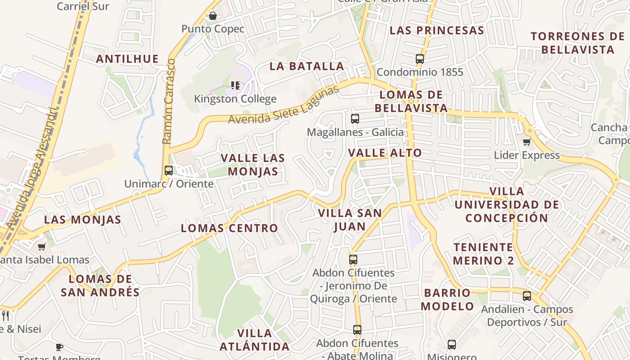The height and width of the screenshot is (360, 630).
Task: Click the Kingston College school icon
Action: click(x=235, y=85)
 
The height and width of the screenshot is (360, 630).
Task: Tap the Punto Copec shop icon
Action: click(x=213, y=16)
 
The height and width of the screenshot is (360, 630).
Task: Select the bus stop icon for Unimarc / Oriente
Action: click(x=169, y=171)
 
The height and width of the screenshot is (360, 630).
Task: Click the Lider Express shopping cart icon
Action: click(x=526, y=142)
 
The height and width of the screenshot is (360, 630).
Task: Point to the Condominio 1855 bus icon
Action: click(x=420, y=58)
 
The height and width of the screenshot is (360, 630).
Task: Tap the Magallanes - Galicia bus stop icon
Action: click(x=355, y=119)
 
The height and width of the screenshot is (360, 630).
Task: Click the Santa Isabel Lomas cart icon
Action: click(x=42, y=247)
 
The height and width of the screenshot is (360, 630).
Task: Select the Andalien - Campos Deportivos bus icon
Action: click(x=527, y=296)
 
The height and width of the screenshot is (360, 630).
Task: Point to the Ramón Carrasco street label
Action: click(x=168, y=101)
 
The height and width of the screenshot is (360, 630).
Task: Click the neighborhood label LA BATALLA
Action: click(x=307, y=66)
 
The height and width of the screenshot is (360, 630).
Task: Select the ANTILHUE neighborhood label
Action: click(x=127, y=59)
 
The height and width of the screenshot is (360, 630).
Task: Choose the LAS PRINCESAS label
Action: click(x=436, y=31)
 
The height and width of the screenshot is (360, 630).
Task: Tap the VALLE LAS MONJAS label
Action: click(x=252, y=165)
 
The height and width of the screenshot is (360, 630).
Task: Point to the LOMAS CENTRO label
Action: click(x=229, y=228)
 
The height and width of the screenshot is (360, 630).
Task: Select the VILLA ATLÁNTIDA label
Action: click(x=255, y=340)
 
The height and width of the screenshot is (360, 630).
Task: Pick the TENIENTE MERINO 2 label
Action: click(x=483, y=254)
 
